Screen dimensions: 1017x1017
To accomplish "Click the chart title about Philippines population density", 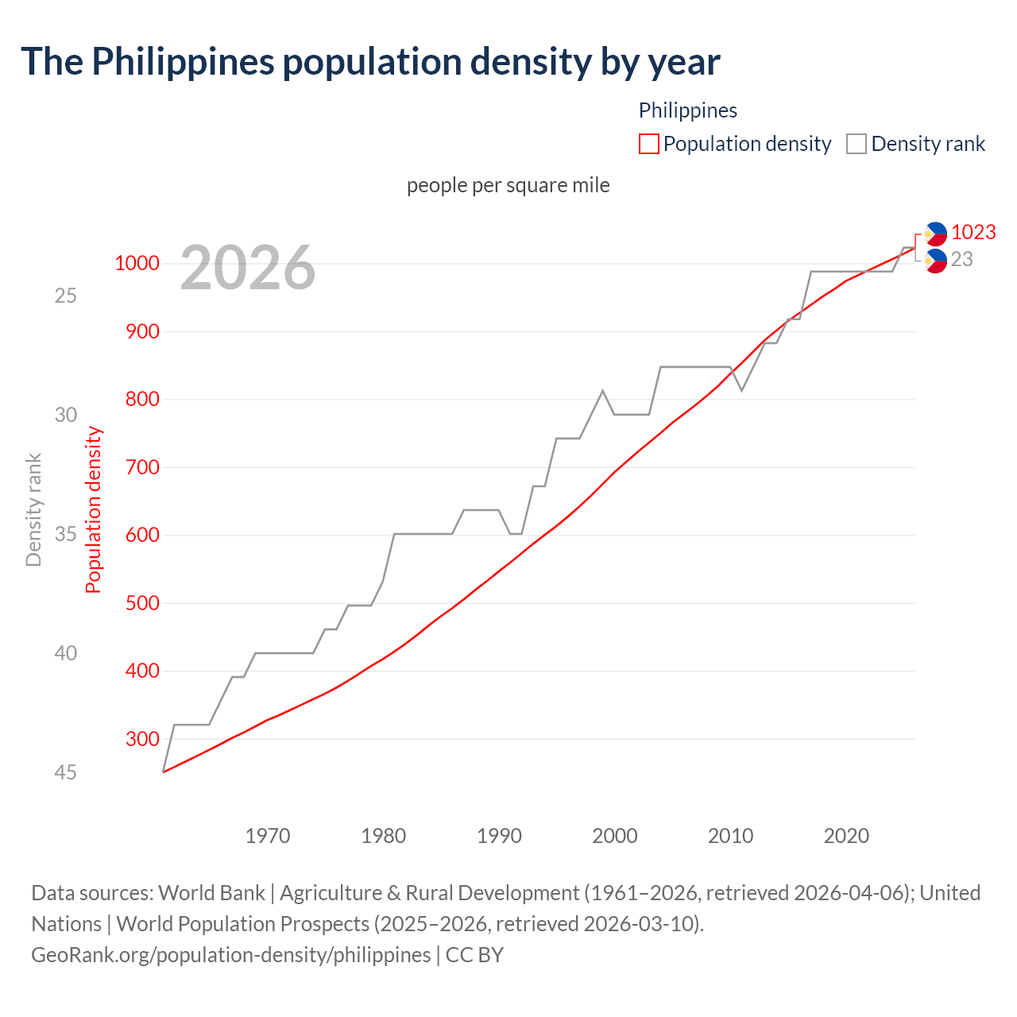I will pyautogui.click(x=370, y=62).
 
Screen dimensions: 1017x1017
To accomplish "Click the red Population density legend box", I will pyautogui.click(x=648, y=144).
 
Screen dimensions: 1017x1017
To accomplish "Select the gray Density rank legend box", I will pyautogui.click(x=856, y=144).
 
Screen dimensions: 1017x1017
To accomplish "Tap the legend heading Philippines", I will pyautogui.click(x=687, y=110).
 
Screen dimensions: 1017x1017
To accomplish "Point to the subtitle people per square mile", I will pyautogui.click(x=508, y=185).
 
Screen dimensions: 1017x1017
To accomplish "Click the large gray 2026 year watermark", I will pyautogui.click(x=247, y=268).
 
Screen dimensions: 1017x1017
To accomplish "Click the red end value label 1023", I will pyautogui.click(x=973, y=232).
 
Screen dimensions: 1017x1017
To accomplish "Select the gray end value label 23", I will pyautogui.click(x=961, y=259).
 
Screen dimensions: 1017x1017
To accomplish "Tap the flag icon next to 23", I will pyautogui.click(x=936, y=261).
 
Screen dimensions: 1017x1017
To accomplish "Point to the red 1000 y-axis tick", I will pyautogui.click(x=137, y=263).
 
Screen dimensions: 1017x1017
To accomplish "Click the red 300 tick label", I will pyautogui.click(x=142, y=739).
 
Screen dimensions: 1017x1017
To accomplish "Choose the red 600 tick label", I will pyautogui.click(x=142, y=535).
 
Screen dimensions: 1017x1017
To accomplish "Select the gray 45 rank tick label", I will pyautogui.click(x=65, y=772).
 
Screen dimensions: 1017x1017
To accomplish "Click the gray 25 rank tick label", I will pyautogui.click(x=65, y=296).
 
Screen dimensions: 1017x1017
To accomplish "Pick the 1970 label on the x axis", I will pyautogui.click(x=268, y=836).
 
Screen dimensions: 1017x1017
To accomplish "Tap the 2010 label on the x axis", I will pyautogui.click(x=730, y=836).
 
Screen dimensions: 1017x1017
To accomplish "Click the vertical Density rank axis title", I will pyautogui.click(x=33, y=509).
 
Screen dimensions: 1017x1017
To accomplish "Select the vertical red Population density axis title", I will pyautogui.click(x=94, y=509).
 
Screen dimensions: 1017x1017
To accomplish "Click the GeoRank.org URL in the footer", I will pyautogui.click(x=230, y=954).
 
